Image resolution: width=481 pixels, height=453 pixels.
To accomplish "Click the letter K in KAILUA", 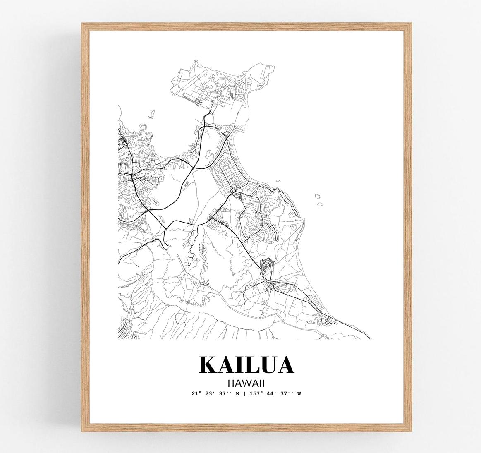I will (x=208, y=364).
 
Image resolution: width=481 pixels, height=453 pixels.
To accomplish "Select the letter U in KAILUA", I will (x=268, y=364).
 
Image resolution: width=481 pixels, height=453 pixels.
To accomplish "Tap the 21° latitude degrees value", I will (x=196, y=393).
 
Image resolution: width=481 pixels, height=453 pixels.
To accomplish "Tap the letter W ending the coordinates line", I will (x=299, y=393).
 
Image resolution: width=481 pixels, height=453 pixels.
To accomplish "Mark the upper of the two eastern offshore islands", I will (x=318, y=197).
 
